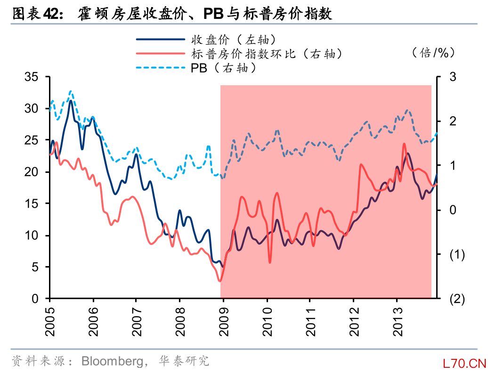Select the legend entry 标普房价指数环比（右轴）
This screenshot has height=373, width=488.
(266, 54)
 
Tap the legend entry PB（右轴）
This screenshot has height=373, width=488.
(223, 68)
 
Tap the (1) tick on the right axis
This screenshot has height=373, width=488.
(456, 255)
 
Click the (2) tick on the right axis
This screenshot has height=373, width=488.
(456, 299)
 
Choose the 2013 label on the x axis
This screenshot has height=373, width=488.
(397, 322)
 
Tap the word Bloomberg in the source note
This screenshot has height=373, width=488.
(112, 361)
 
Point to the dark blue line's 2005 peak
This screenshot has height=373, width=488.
(71, 101)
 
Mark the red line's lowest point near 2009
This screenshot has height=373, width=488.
(220, 281)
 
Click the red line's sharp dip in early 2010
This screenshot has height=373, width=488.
(270, 262)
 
